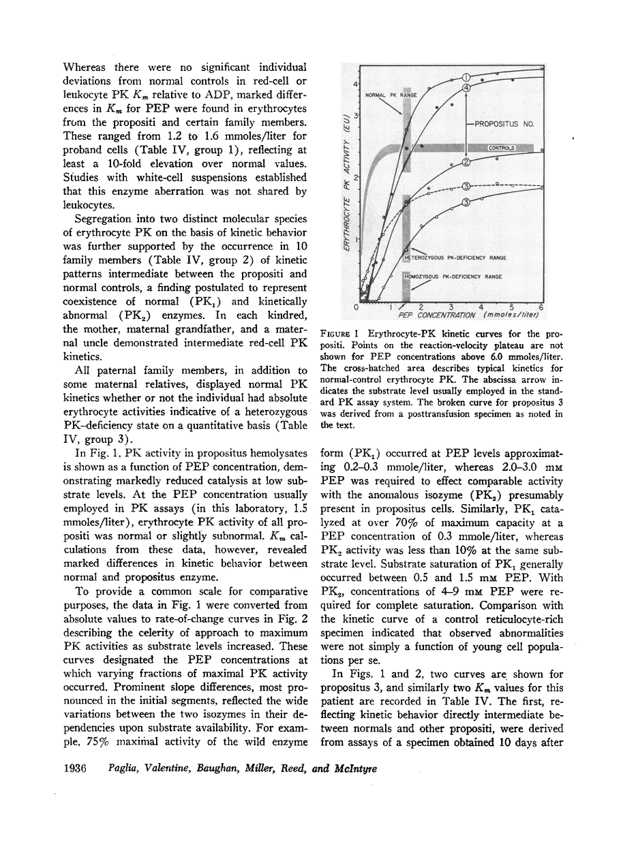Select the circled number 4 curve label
467,87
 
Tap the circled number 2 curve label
467,162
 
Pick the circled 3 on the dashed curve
466,186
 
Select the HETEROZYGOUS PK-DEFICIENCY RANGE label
455,258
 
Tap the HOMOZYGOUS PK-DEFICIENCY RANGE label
453,277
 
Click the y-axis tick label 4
354,84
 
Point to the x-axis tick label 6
541,307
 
